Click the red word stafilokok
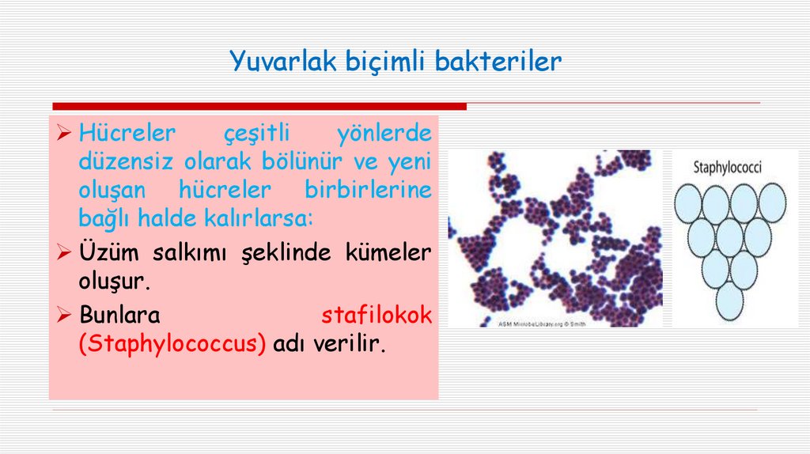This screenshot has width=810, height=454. click(377, 316)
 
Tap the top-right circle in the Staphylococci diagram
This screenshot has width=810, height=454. click(771, 202)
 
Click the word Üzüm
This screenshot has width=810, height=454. click(106, 252)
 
